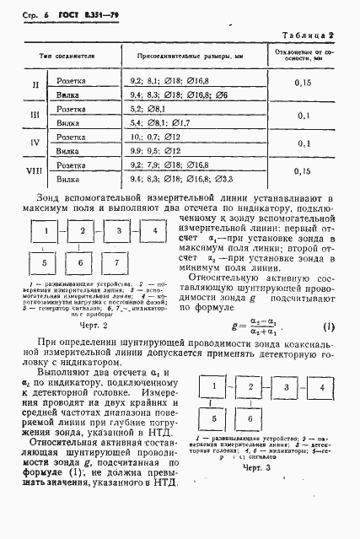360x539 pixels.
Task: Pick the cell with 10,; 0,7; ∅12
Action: coord(156,137)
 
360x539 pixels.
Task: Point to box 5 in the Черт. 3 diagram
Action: coord(215,418)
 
